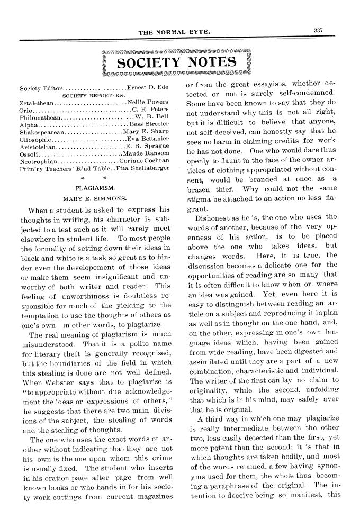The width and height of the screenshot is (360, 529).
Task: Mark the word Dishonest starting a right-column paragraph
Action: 212,217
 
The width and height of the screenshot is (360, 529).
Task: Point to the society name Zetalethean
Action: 37,102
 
